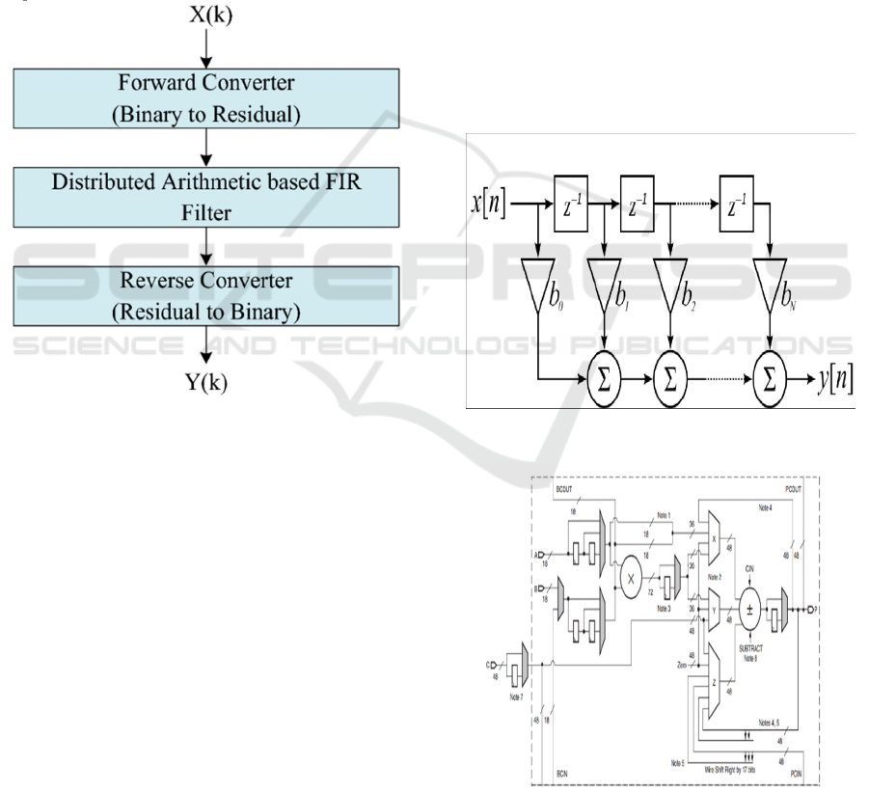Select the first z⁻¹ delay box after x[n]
[x=572, y=205]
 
